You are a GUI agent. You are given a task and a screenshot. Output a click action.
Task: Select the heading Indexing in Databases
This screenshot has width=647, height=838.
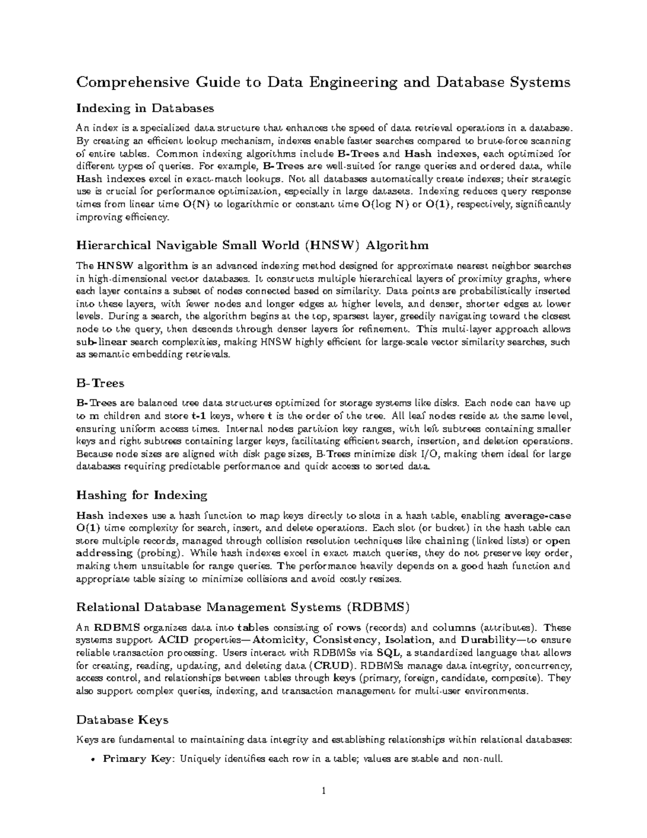click(x=145, y=108)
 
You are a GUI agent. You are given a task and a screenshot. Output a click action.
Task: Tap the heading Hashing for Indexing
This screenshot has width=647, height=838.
click(x=142, y=495)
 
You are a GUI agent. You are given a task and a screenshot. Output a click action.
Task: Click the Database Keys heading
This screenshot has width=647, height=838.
click(x=122, y=720)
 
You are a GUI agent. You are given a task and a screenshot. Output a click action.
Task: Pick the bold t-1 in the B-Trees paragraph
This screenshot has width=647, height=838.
click(x=198, y=416)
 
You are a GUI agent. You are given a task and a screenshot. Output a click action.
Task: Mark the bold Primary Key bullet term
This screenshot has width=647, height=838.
click(x=137, y=759)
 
